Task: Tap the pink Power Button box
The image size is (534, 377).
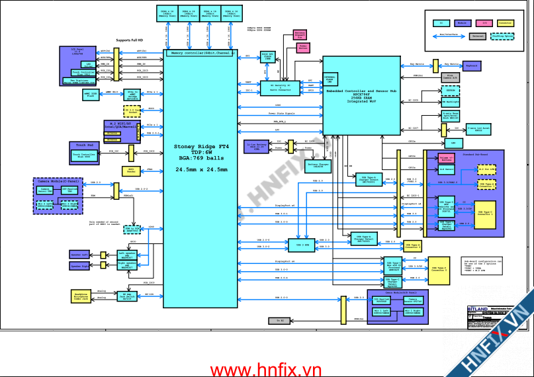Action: tap(303, 48)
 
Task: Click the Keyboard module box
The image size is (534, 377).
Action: tap(471, 66)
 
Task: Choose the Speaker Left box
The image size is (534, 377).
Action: tap(79, 254)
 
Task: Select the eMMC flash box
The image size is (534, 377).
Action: tap(91, 94)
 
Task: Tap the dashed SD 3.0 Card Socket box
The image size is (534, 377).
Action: tap(132, 110)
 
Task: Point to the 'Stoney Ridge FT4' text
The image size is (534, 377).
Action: tap(200, 146)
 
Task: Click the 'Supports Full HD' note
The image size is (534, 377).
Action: tap(130, 40)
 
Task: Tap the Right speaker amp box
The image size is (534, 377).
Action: tap(128, 265)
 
